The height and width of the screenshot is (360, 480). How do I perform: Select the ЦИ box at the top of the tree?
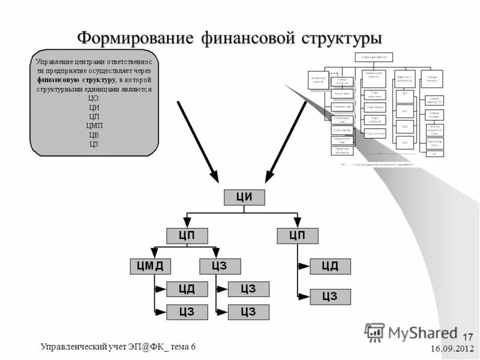(x=244, y=197)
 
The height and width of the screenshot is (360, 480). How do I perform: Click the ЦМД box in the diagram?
(x=151, y=266)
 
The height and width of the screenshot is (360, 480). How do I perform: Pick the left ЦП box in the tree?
(x=187, y=235)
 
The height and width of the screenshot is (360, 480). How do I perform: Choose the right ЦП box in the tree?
(x=298, y=235)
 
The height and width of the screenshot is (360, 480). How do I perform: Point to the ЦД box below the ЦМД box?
(x=187, y=289)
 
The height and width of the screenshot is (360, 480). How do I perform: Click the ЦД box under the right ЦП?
(x=330, y=266)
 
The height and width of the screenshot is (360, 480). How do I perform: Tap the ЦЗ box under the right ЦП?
(x=330, y=296)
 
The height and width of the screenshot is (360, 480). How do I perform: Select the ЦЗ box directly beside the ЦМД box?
(x=220, y=266)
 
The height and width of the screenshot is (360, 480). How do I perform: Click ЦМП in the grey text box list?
(x=94, y=125)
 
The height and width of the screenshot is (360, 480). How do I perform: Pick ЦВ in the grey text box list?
(x=94, y=135)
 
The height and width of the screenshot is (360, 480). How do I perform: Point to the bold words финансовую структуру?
(x=76, y=80)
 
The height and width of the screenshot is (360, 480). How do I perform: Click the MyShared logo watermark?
(x=410, y=332)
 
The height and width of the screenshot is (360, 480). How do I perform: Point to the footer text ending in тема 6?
(x=118, y=346)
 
